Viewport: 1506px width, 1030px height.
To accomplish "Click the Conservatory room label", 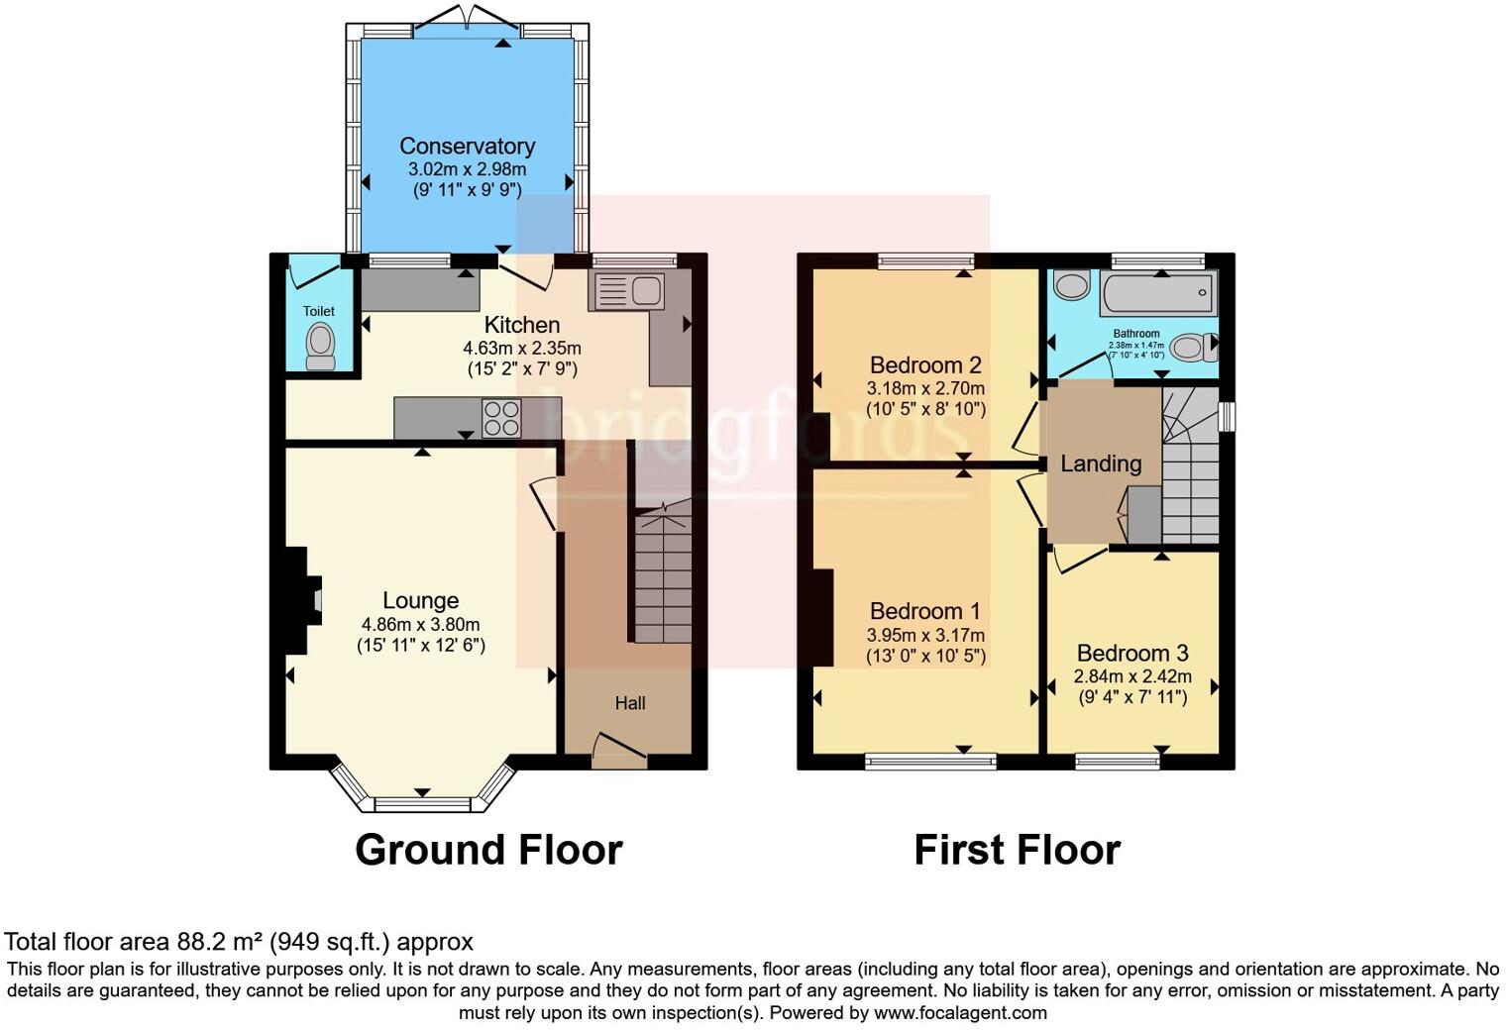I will [467, 147].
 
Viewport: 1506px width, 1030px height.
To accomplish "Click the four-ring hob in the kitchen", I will [502, 418].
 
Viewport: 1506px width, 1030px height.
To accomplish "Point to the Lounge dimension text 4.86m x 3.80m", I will [420, 624].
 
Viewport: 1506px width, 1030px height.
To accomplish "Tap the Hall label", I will [630, 703].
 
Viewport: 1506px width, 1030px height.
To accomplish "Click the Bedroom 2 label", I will [925, 364].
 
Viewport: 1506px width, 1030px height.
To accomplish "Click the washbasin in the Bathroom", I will [1071, 286].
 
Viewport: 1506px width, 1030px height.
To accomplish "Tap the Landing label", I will [1101, 463].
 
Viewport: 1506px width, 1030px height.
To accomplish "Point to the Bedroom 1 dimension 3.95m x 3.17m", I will [925, 635].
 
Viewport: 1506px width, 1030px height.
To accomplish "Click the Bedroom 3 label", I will [1132, 654].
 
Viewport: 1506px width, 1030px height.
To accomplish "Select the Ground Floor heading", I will [488, 850].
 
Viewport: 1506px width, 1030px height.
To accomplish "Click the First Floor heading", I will [1017, 850].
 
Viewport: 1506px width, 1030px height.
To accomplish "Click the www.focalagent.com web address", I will [960, 1012].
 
